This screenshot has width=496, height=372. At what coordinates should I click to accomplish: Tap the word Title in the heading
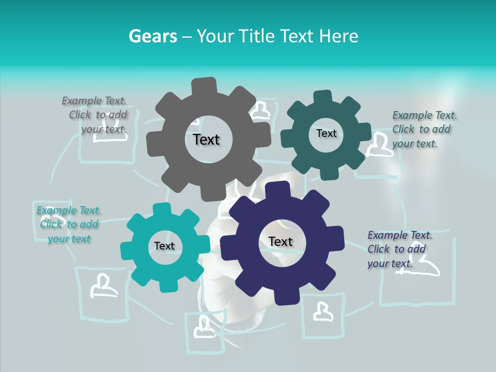coord(258,36)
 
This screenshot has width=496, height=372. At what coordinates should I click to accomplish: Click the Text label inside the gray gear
coord(206,139)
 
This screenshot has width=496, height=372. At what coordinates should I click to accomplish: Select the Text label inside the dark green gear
coord(327,133)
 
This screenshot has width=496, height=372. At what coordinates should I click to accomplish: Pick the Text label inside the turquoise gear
coord(164,246)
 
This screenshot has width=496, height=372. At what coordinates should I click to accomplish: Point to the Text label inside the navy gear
coord(281,241)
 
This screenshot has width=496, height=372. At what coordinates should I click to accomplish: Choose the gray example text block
coord(96,115)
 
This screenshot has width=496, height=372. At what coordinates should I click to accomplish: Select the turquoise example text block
coord(69,224)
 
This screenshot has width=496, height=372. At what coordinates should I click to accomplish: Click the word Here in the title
coord(339,36)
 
